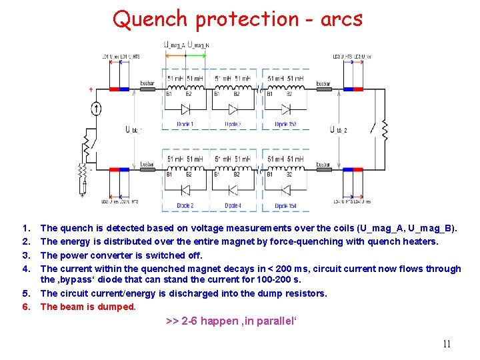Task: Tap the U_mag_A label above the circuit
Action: (175, 45)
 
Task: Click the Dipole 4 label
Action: (233, 206)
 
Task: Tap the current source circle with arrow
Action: (97, 109)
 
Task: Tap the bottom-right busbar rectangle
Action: (323, 170)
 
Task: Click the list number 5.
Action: (25, 293)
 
